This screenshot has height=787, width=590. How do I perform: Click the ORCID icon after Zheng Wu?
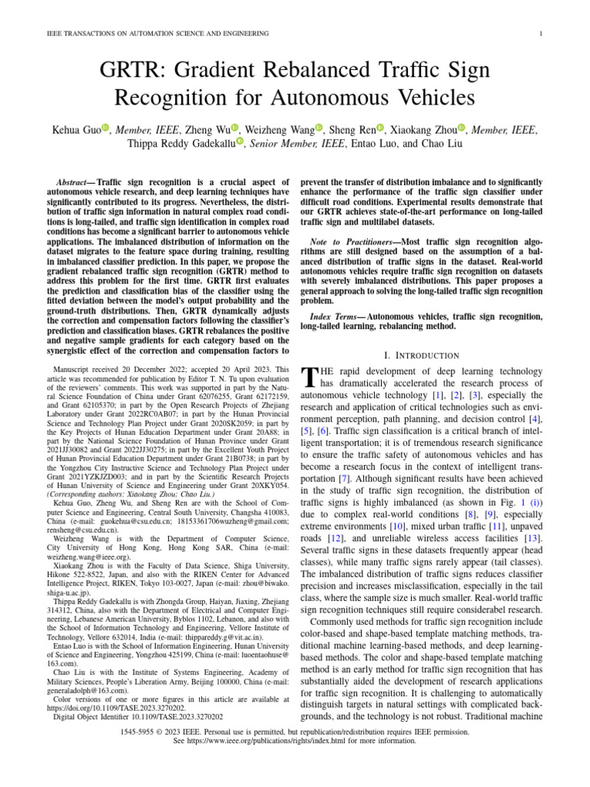(x=236, y=128)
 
